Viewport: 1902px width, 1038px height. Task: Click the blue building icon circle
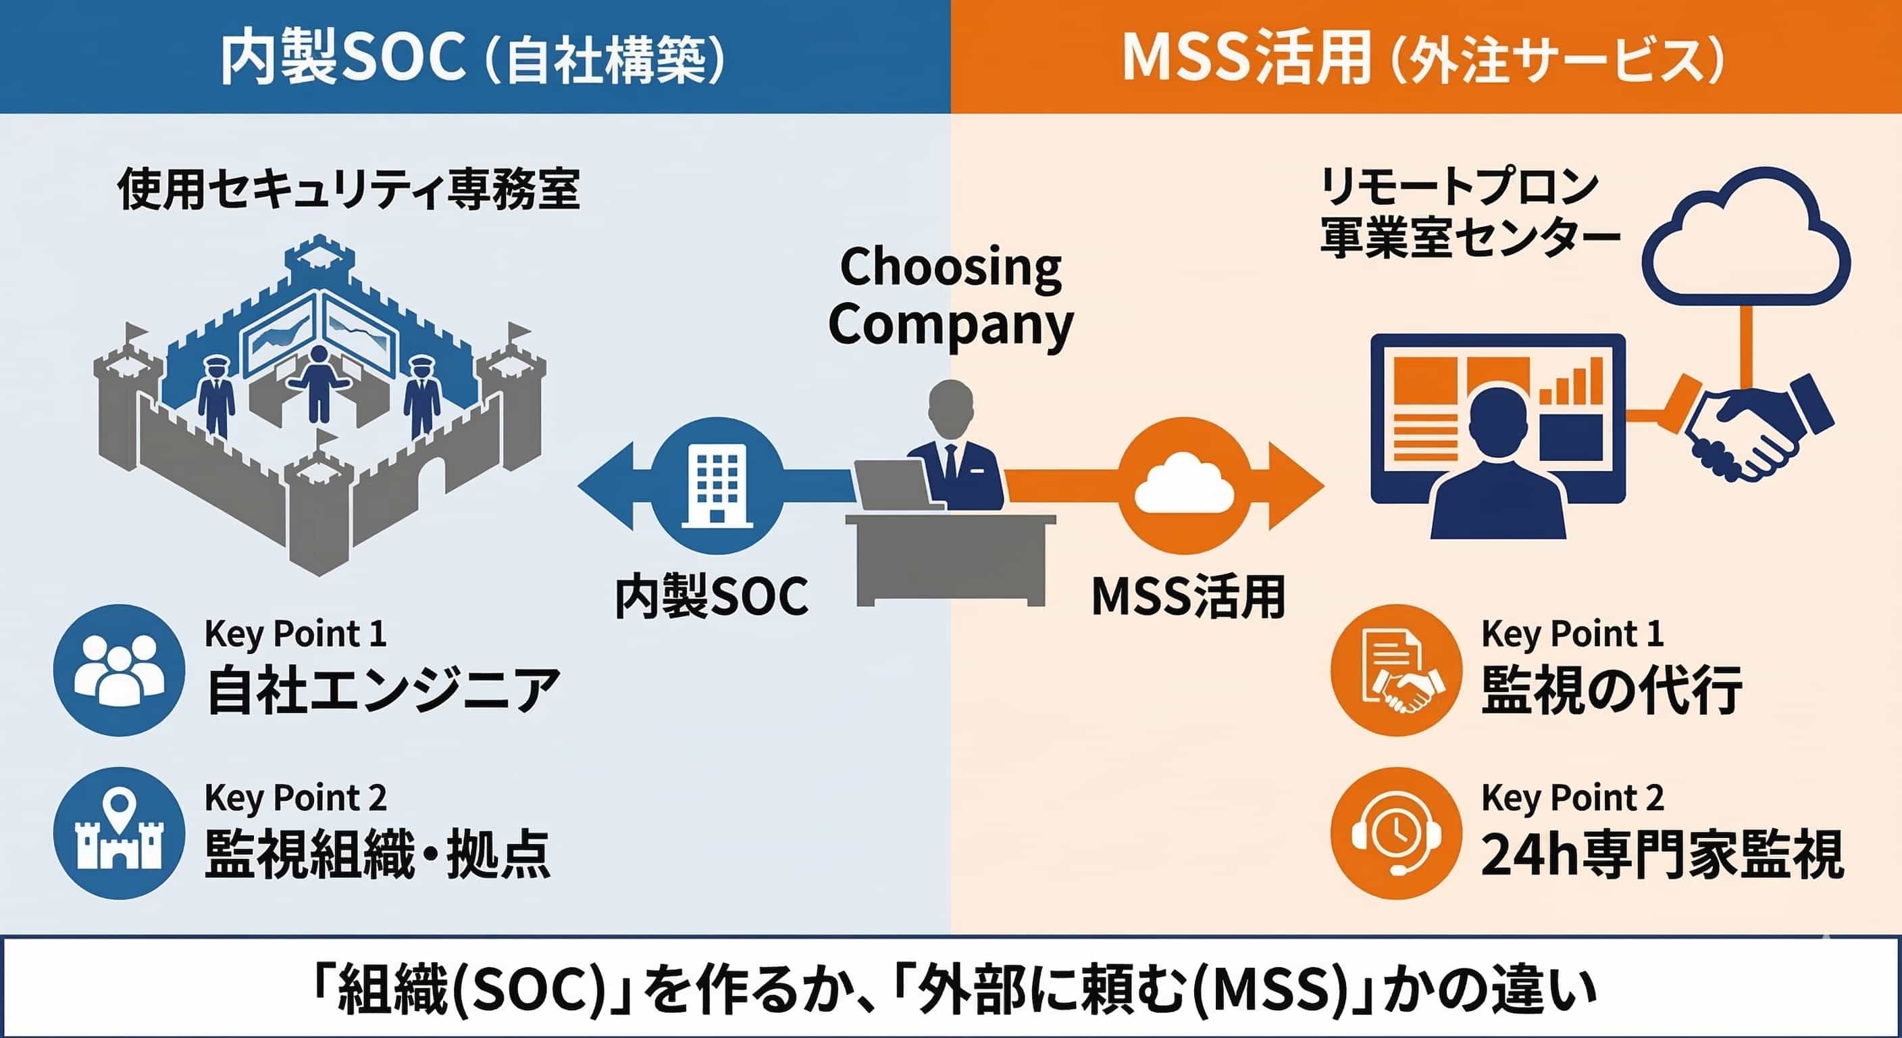point(717,486)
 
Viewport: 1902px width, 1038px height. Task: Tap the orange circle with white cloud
point(1183,486)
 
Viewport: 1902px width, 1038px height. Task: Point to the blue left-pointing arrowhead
point(607,486)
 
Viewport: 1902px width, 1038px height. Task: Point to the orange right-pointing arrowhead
point(1296,486)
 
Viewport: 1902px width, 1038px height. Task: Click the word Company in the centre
point(951,325)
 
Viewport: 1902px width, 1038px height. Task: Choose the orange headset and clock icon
point(1396,833)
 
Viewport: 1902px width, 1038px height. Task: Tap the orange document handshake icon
point(1396,670)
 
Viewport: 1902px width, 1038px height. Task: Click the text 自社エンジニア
point(383,690)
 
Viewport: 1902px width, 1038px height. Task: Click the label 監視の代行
point(1611,690)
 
